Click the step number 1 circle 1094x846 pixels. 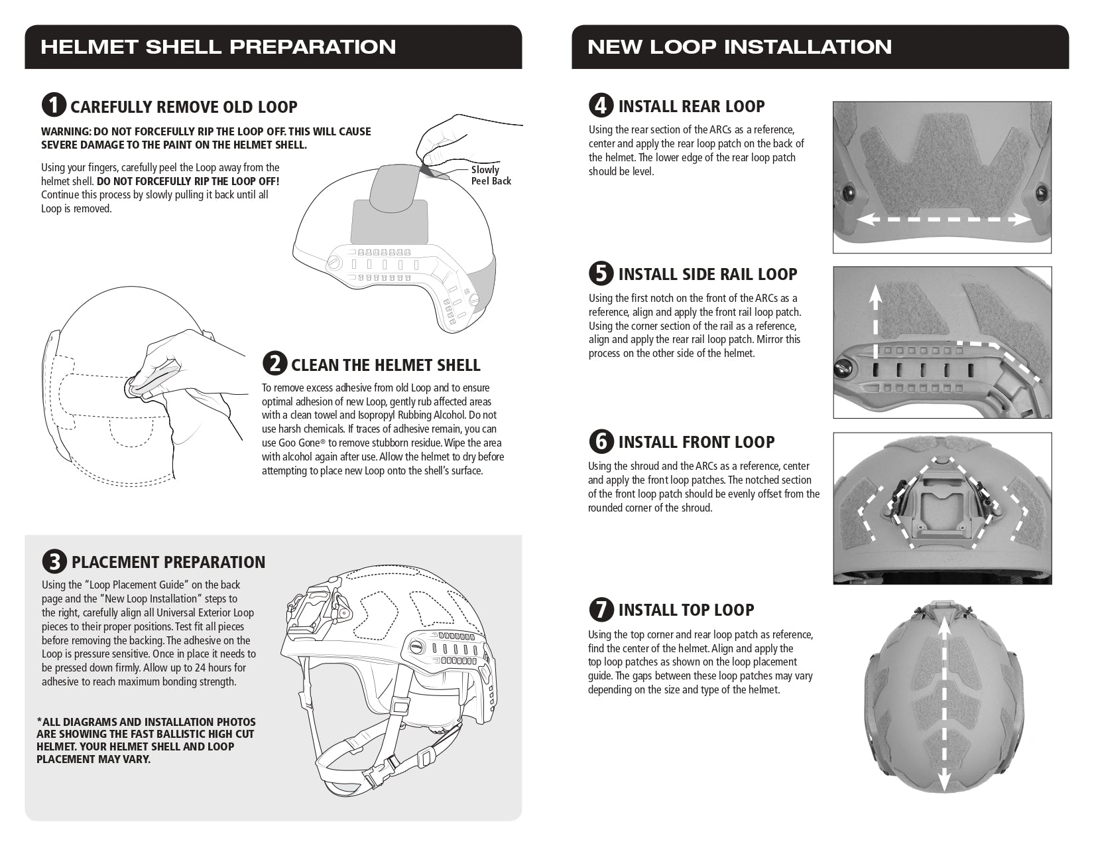coord(54,106)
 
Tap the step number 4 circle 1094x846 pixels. coord(601,106)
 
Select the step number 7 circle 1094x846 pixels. coord(601,609)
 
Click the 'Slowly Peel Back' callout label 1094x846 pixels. coord(490,175)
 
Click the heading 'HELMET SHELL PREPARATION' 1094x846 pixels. coord(218,47)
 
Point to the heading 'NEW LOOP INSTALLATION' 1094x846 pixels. coord(739,47)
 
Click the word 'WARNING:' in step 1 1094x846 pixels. coord(66,131)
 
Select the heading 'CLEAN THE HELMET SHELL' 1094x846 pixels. coord(385,365)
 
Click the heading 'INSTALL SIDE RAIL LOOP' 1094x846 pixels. coord(707,274)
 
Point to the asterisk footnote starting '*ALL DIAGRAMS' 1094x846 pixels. coord(146,740)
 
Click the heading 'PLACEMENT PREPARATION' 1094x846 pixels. coord(168,562)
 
